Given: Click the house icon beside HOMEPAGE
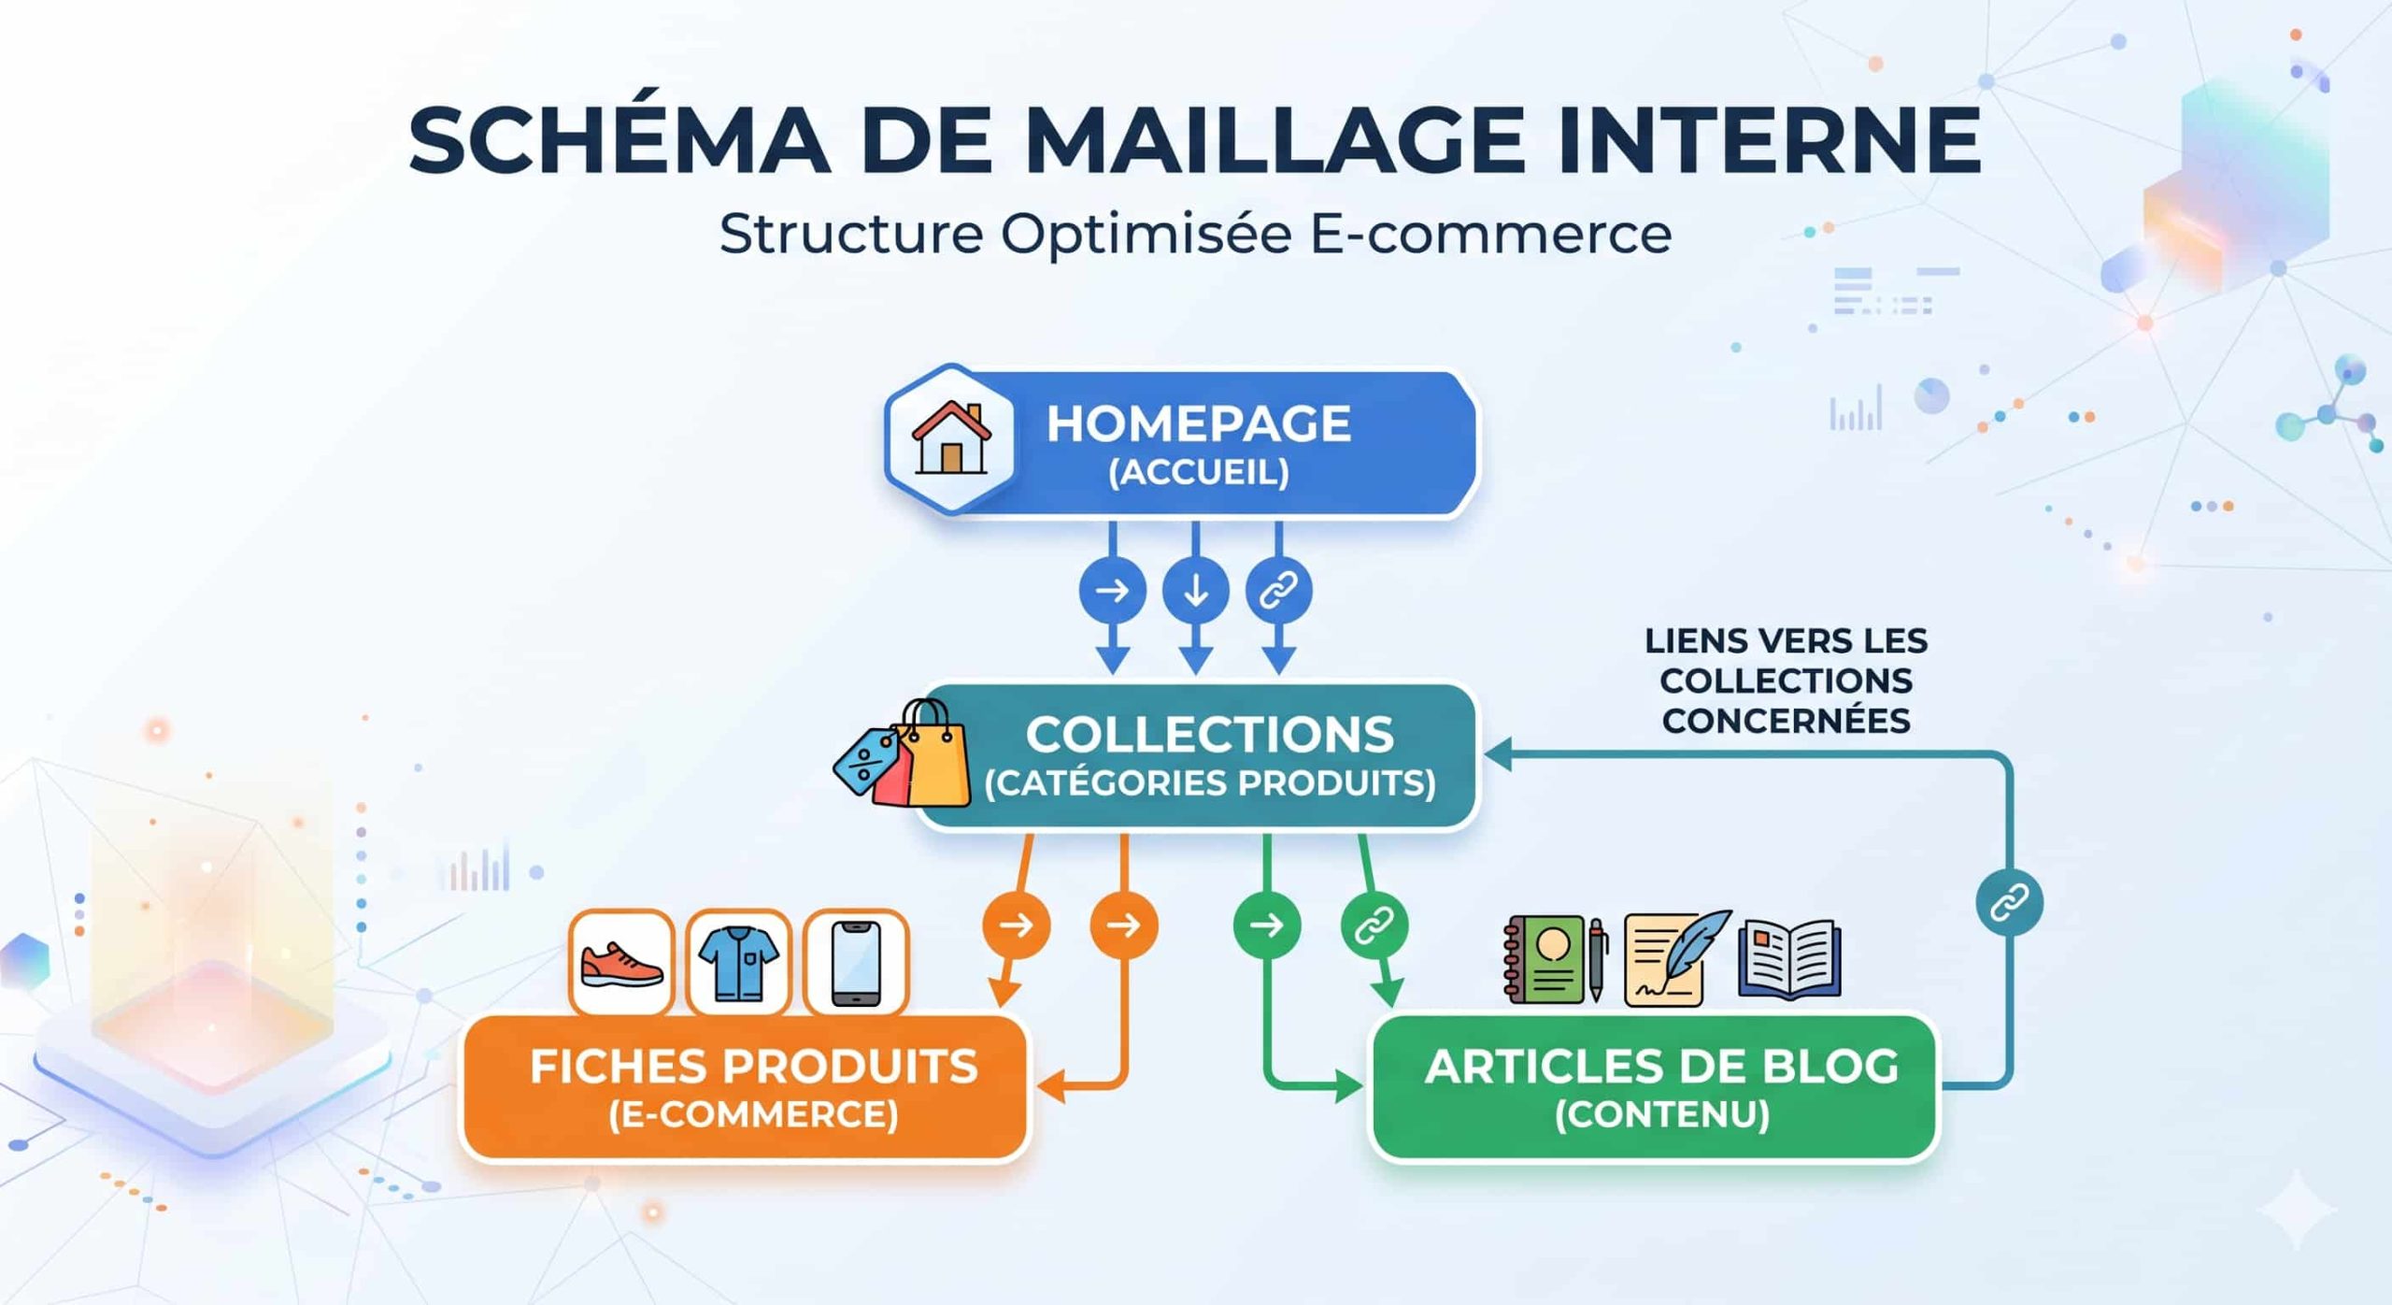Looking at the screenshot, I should (x=951, y=438).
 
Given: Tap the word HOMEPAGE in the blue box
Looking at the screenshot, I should (x=1198, y=423).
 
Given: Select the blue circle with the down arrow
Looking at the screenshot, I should (x=1195, y=591).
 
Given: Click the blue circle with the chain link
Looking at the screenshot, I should (x=1278, y=591).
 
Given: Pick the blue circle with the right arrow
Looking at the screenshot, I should (x=1112, y=591).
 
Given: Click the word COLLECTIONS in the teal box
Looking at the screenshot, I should (x=1209, y=735).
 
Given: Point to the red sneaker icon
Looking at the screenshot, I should (x=621, y=963).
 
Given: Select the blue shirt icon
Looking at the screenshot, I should (x=738, y=963).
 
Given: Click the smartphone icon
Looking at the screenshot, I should (x=856, y=963).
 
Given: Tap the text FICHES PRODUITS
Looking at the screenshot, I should (x=753, y=1067).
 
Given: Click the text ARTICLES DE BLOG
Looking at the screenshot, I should (x=1661, y=1067).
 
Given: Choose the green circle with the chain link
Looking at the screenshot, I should (x=1374, y=925).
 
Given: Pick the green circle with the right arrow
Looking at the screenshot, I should (x=1266, y=925).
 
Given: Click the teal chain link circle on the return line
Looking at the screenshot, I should (x=2009, y=903).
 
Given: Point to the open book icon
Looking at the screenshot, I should (x=1788, y=961).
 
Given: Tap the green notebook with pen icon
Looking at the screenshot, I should (x=1555, y=961).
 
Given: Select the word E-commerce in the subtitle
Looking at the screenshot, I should (x=1490, y=234).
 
